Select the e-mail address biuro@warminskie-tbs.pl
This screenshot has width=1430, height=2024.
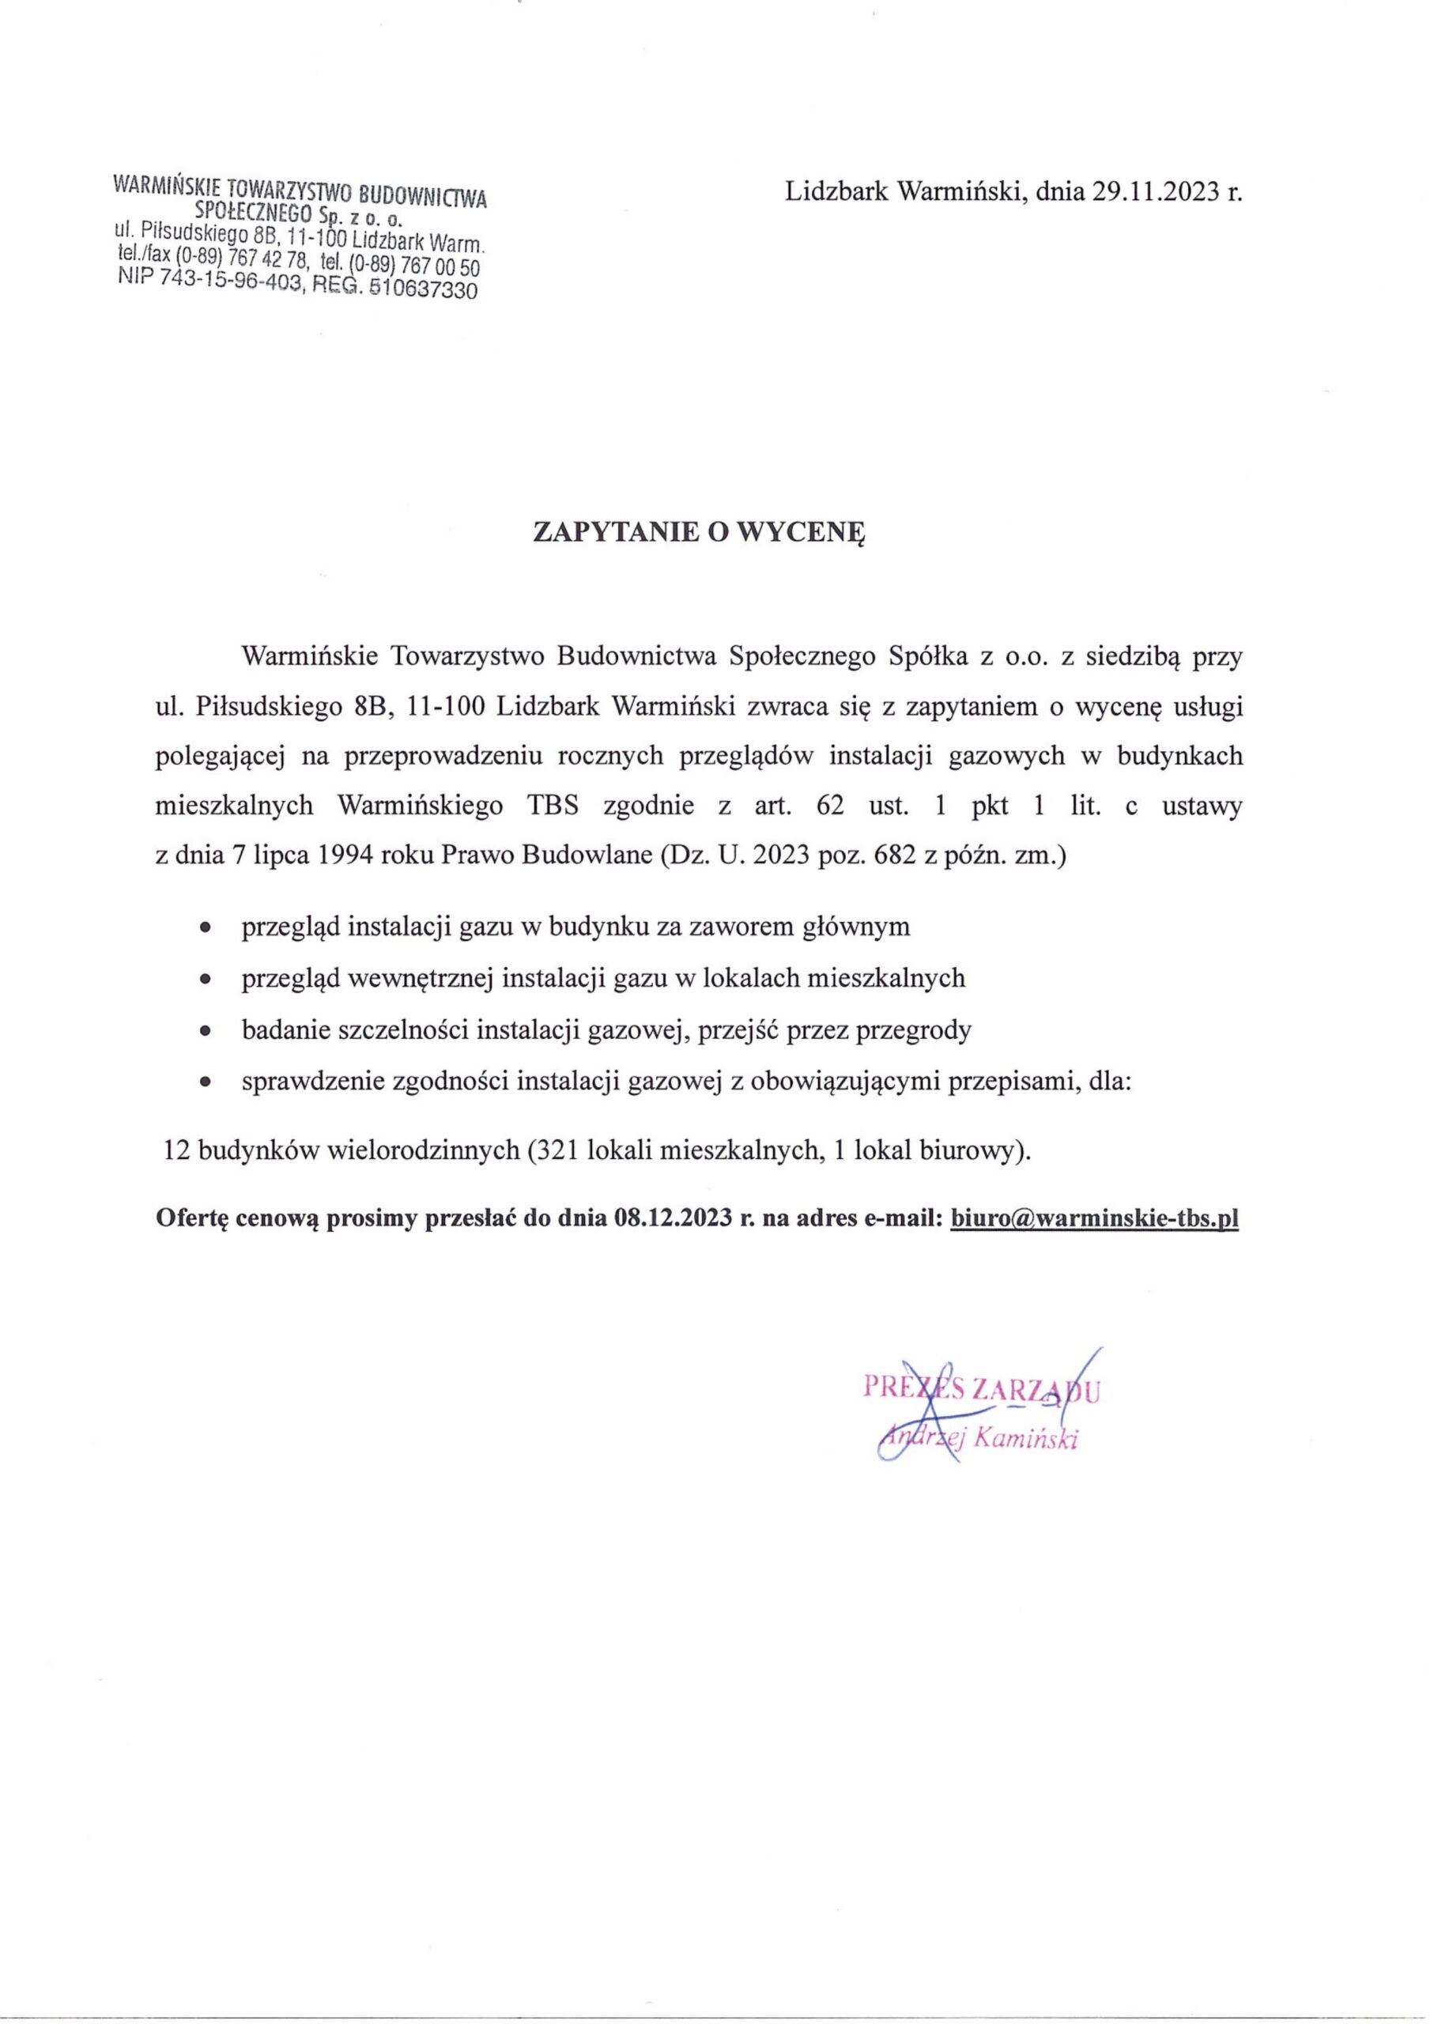[1095, 1219]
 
